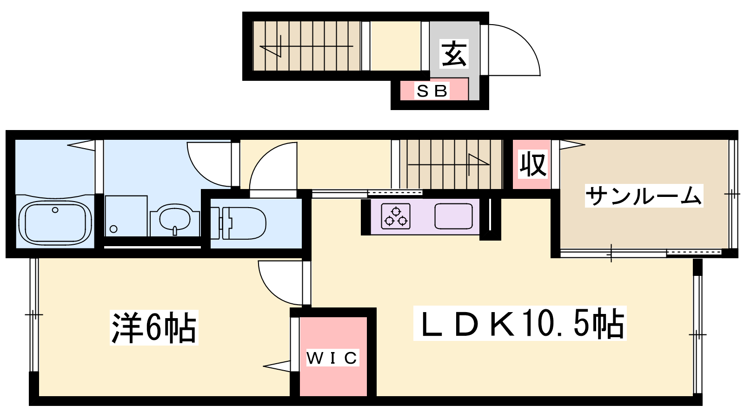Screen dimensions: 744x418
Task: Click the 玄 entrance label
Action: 454,53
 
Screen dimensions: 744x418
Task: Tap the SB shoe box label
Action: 432,91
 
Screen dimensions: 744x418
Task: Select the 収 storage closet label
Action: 533,164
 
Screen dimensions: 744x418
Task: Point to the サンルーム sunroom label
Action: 644,196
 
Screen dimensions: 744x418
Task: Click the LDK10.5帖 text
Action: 520,323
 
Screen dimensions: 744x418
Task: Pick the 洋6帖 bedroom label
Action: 154,327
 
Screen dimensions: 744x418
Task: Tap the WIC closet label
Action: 332,358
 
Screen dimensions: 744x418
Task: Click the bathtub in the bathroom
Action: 55,222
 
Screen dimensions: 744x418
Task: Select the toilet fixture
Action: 239,223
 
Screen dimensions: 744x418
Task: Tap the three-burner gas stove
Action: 396,216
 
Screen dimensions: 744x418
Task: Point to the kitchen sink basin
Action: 453,216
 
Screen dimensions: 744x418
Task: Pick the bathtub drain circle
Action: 55,209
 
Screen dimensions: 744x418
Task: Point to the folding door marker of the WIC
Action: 276,366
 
